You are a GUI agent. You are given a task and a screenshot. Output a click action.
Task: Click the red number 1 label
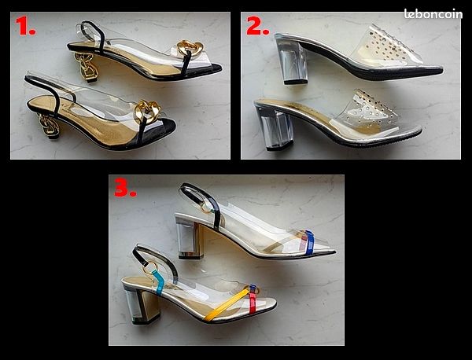coord(25,25)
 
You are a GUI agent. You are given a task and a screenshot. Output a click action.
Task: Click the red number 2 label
coord(257,25)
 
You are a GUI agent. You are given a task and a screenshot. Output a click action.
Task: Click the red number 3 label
coord(125,188)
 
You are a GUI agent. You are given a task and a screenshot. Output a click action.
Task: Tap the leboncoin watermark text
coord(433,14)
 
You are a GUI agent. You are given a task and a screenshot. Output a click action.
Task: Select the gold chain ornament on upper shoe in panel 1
coord(190,48)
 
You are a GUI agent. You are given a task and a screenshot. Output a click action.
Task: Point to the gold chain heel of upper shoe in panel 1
coord(87,67)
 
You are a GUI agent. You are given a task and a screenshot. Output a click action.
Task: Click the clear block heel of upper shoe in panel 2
coord(292,63)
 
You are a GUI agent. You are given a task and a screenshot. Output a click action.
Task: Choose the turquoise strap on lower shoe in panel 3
coord(158,282)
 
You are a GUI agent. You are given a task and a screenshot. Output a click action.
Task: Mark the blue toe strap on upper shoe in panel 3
coord(309,242)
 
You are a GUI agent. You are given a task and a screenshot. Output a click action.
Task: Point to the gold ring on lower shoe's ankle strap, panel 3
coord(149,268)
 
